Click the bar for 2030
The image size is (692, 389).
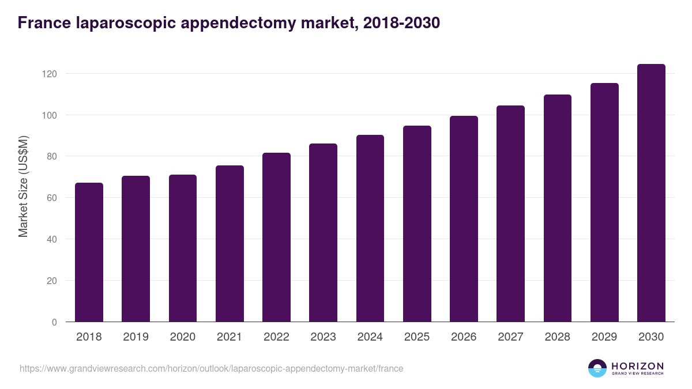651,193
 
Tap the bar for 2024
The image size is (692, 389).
370,228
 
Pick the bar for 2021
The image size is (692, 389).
230,244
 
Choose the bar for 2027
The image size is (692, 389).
510,214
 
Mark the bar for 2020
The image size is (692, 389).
183,248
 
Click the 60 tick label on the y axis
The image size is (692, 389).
52,198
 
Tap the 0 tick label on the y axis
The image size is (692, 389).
55,322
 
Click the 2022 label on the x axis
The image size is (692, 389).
276,337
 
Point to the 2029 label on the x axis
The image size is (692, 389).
604,337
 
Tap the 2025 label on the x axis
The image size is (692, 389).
417,337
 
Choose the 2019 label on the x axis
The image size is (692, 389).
136,337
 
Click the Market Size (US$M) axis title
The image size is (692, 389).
23,186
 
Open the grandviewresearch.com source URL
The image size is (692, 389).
211,368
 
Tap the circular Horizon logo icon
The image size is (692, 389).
597,368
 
